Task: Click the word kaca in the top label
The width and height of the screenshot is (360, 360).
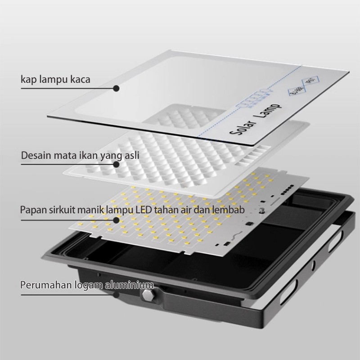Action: [79, 80]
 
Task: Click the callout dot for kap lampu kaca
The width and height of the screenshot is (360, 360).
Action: [116, 89]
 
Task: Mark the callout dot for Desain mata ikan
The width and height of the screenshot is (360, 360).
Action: [116, 164]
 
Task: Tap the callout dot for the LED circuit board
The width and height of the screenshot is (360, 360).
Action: [116, 220]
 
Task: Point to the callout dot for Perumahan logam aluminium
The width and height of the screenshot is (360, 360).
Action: [116, 295]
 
